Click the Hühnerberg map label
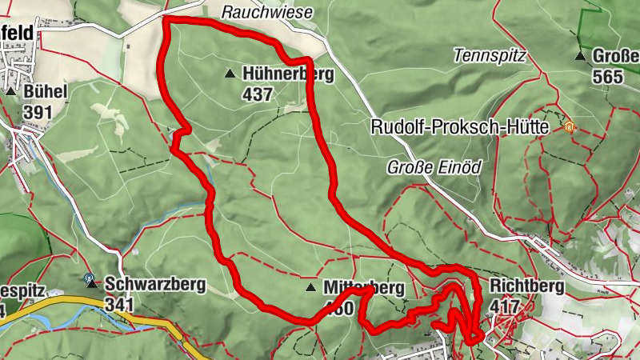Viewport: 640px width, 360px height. (x=290, y=74)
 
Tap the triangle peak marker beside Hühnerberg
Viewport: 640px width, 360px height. (x=230, y=74)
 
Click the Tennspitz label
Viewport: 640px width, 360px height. (x=488, y=56)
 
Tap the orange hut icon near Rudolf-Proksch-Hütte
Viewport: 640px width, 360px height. (x=569, y=126)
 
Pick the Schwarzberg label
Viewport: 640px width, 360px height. (x=154, y=284)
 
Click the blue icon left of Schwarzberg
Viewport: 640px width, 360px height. (x=90, y=282)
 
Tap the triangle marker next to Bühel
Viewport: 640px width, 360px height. (x=10, y=92)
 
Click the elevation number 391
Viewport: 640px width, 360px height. (x=38, y=112)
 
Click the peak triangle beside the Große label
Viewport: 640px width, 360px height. (x=580, y=56)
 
